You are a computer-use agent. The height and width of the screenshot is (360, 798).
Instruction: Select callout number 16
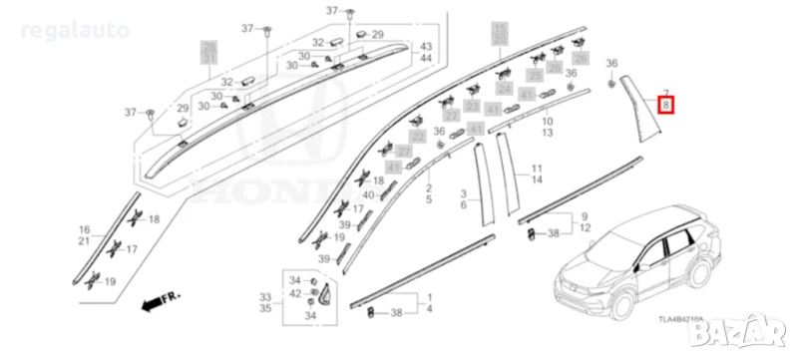[85, 230]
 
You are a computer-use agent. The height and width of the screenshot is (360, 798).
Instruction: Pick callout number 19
[109, 282]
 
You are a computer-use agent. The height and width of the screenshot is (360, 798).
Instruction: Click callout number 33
[265, 297]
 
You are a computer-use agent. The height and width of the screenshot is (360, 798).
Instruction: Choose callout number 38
[395, 313]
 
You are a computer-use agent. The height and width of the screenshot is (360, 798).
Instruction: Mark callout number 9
[585, 216]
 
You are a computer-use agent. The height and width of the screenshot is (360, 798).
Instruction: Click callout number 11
[536, 169]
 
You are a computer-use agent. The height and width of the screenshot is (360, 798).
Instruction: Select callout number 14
[536, 180]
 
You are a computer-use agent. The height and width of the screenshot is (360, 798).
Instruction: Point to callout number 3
[464, 192]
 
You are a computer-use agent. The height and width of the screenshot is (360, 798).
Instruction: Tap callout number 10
[548, 121]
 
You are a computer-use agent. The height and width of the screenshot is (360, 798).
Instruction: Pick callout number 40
[368, 195]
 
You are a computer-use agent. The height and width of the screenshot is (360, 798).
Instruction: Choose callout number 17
[358, 208]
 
